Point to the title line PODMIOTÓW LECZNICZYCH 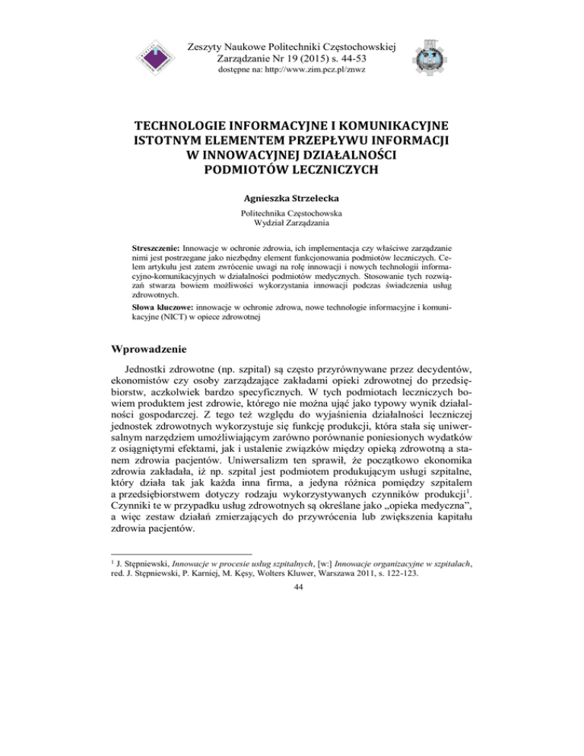click(x=292, y=175)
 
